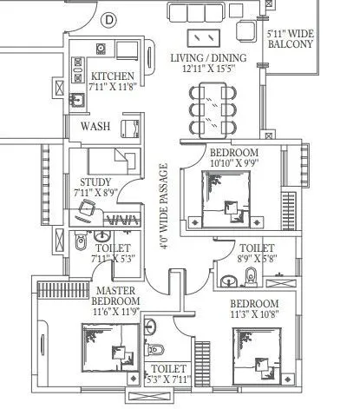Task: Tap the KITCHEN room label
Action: click(x=113, y=76)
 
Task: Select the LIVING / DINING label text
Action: click(x=208, y=58)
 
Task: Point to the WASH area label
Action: click(x=95, y=127)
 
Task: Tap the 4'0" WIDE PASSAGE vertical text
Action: click(x=163, y=207)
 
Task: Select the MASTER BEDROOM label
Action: click(x=114, y=296)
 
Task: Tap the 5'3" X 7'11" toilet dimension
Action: click(x=169, y=379)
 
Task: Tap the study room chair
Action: click(x=87, y=209)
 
